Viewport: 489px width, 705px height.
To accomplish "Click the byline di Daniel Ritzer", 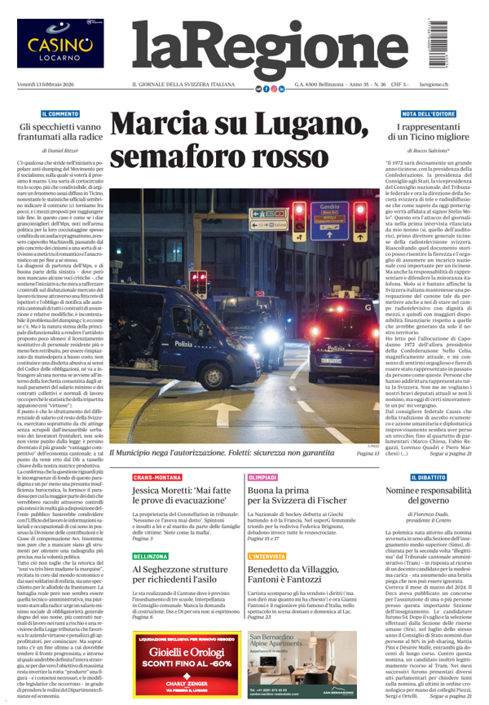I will (x=64, y=152).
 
